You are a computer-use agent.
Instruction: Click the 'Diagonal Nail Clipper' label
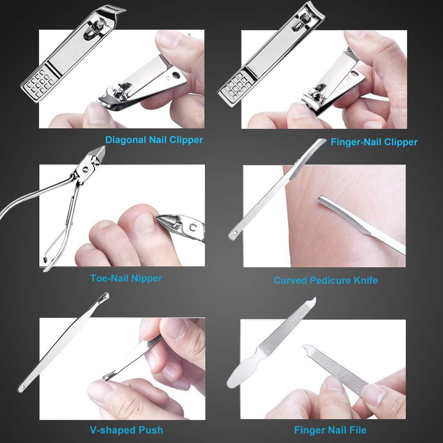154,140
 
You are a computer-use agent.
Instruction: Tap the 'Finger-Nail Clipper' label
374,142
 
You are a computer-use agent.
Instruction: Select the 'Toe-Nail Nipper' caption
126,278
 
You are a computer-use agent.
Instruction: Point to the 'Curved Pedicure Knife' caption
325,280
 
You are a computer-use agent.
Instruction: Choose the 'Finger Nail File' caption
330,429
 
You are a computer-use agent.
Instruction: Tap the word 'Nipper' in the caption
147,278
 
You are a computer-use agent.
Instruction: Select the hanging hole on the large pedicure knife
234,231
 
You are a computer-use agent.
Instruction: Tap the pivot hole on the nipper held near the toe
192,227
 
